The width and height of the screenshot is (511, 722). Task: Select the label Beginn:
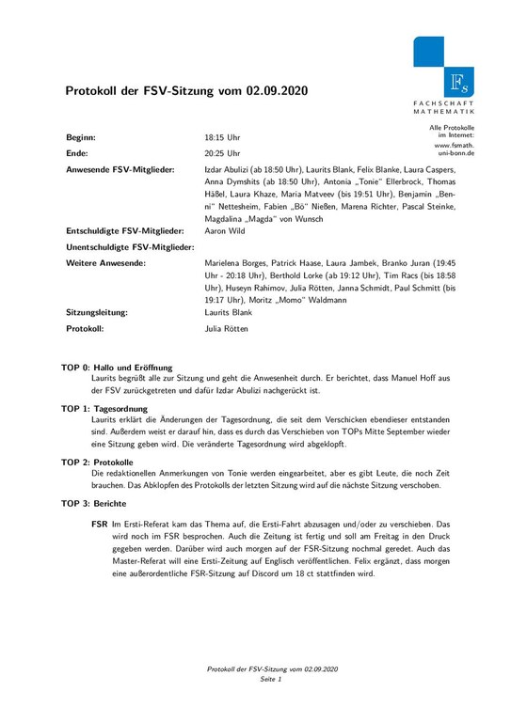tap(81, 136)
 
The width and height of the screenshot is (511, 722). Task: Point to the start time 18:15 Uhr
tap(222, 136)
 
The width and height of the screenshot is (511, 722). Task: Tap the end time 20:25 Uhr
tap(222, 151)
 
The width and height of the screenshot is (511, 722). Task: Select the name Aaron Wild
tap(227, 230)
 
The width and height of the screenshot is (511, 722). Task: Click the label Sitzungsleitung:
tap(97, 309)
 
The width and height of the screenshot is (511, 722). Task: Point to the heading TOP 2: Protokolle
tap(97, 463)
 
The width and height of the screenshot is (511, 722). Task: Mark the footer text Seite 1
tap(272, 678)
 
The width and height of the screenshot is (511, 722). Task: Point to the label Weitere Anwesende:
tap(105, 262)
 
